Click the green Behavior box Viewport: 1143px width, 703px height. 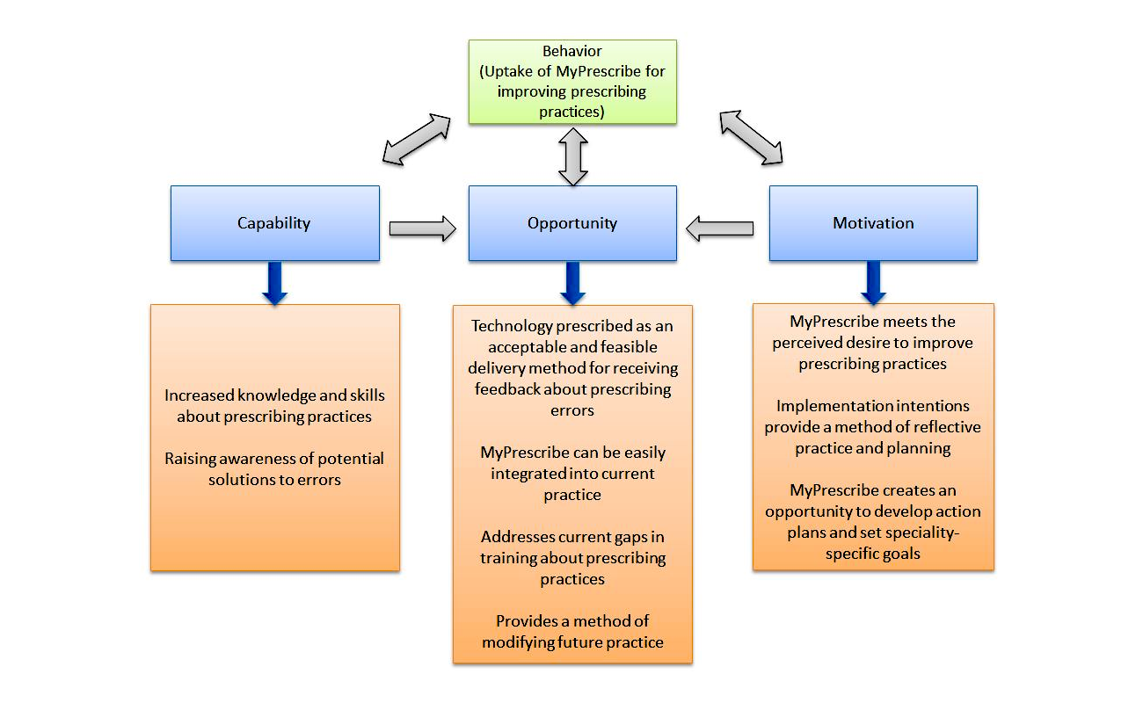[572, 82]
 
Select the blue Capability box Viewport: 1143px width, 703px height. [274, 223]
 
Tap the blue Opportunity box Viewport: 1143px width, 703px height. [572, 223]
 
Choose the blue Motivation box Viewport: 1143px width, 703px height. [873, 223]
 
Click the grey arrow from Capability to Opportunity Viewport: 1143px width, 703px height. [422, 228]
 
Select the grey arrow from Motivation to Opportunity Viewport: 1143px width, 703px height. [720, 228]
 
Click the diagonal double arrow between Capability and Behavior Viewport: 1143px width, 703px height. [416, 140]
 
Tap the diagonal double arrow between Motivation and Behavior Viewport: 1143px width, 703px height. [751, 137]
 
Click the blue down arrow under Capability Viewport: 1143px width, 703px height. [275, 283]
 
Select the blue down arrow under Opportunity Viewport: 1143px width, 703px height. [572, 283]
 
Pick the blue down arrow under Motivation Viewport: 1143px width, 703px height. [873, 283]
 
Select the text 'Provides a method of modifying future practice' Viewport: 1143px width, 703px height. [572, 631]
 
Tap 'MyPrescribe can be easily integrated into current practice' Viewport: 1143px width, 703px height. [572, 474]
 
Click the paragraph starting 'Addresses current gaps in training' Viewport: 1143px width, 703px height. [572, 557]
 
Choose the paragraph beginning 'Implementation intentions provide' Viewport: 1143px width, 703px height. [873, 427]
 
